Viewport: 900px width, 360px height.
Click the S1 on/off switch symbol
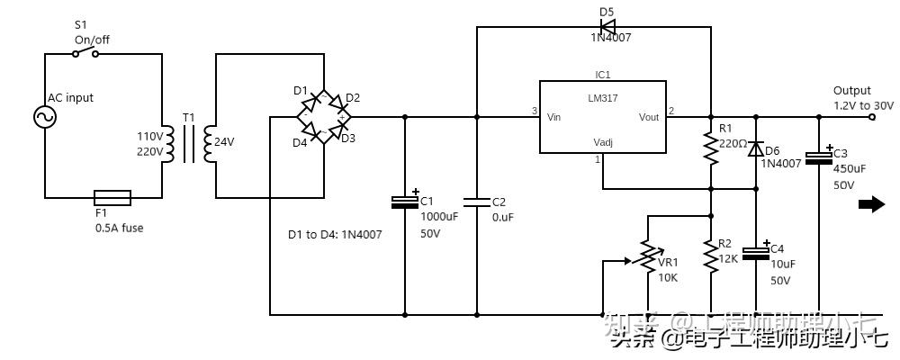[85, 53]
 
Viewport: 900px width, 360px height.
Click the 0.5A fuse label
[118, 228]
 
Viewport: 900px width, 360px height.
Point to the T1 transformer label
[188, 118]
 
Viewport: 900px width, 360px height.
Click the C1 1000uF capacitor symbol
[404, 202]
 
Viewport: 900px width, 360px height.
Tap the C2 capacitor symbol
[477, 202]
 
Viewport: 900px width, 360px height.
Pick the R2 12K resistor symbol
[711, 257]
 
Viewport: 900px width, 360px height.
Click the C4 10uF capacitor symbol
[754, 253]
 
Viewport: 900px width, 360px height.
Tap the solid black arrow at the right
[871, 204]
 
